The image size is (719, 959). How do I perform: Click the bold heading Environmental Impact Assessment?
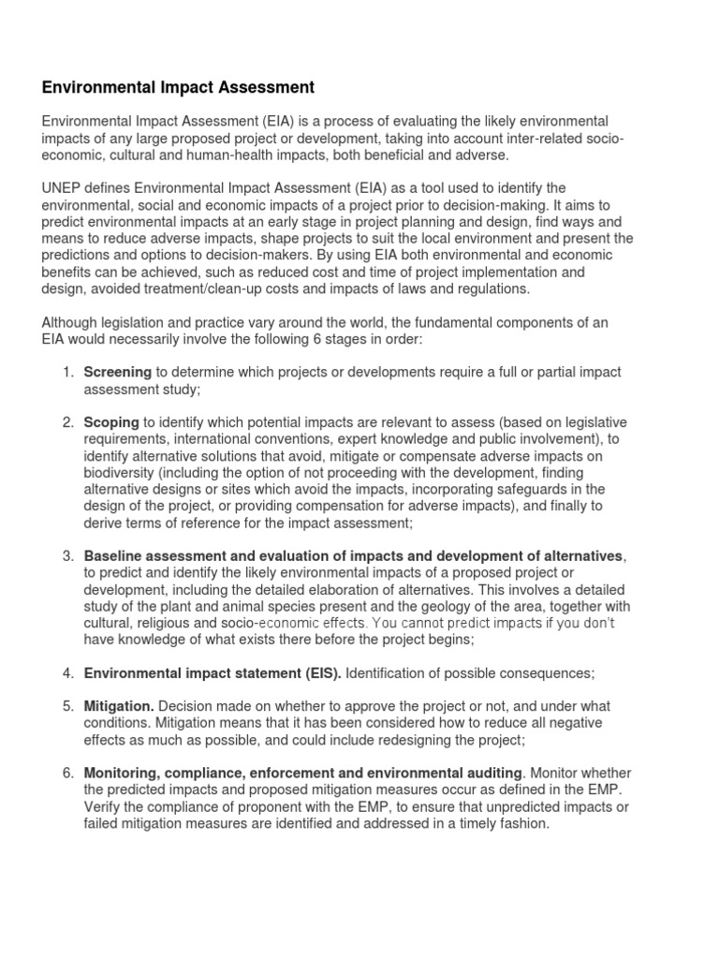(x=178, y=88)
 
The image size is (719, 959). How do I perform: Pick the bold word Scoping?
(x=111, y=422)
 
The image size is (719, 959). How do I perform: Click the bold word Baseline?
(x=112, y=556)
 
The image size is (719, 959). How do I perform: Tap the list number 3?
(x=69, y=556)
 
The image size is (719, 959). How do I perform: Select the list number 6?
(x=69, y=773)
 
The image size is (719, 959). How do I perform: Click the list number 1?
(x=69, y=372)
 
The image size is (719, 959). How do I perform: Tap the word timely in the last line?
(x=462, y=823)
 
